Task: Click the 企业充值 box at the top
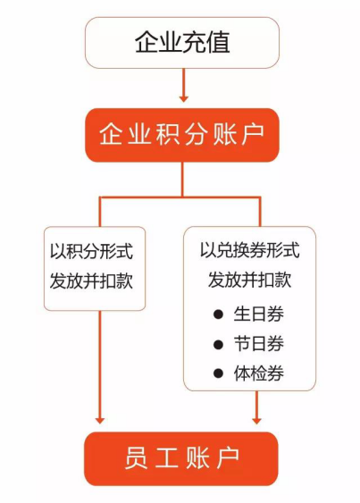[182, 43]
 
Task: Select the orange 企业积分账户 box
[182, 135]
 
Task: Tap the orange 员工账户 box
[181, 458]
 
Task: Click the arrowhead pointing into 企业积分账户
[183, 98]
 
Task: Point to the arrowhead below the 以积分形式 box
[100, 420]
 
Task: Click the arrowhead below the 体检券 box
[256, 420]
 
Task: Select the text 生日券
[258, 314]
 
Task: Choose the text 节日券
[258, 344]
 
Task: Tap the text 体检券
[258, 373]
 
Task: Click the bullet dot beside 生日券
[218, 314]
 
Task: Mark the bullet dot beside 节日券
[218, 344]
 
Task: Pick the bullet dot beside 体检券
[218, 373]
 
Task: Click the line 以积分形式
[91, 251]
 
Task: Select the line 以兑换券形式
[250, 250]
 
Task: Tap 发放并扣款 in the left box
[91, 281]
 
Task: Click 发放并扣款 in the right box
[250, 280]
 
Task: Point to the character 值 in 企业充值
[218, 42]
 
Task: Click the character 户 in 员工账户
[228, 458]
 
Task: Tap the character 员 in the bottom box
[136, 458]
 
